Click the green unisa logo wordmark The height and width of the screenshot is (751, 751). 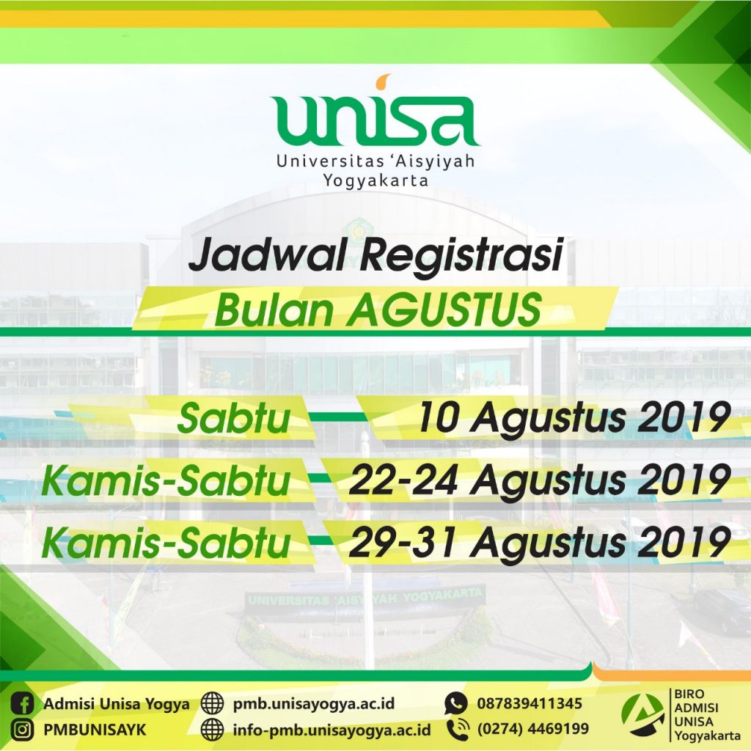(x=375, y=120)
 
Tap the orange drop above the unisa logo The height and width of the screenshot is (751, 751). (x=384, y=82)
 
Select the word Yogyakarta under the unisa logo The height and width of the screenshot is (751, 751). (x=375, y=181)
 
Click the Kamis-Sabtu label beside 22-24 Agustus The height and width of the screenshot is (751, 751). (x=166, y=480)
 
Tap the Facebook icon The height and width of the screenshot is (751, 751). (x=22, y=704)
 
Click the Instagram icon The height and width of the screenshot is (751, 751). (x=22, y=730)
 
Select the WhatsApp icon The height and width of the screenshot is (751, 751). (x=455, y=703)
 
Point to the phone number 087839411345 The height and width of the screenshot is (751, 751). (x=530, y=703)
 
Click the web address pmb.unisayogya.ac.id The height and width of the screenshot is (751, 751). (x=314, y=704)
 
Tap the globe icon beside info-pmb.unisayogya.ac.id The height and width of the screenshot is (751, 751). (x=212, y=730)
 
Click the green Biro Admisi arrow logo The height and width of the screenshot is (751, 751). (x=642, y=715)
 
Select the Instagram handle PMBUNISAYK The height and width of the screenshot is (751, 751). (x=95, y=730)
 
